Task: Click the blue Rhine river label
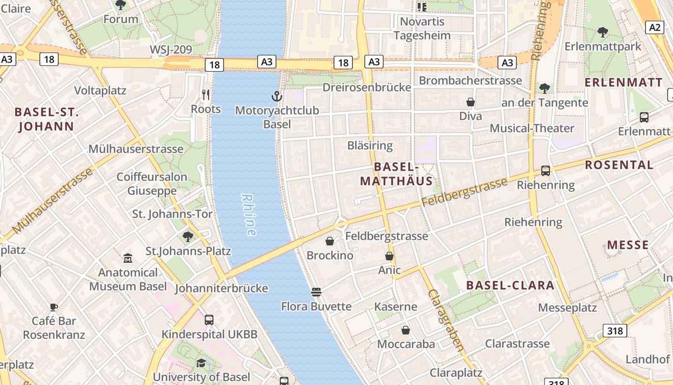point(249,215)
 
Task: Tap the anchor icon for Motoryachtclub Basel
point(276,96)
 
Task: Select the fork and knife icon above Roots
point(206,94)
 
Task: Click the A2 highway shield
point(655,27)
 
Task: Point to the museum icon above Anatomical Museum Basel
point(128,258)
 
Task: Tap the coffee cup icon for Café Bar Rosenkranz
point(54,307)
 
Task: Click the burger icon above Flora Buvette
point(316,292)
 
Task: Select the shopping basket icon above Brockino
point(330,241)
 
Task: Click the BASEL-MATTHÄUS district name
point(396,174)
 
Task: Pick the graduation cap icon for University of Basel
point(201,363)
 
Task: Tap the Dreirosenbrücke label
point(367,87)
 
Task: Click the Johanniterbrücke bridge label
point(221,288)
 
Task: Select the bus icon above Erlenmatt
point(644,117)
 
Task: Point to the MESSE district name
point(628,245)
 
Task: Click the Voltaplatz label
point(100,90)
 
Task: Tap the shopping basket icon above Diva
point(471,102)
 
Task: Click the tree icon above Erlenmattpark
point(602,32)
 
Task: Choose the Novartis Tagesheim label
point(422,28)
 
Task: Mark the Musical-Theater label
point(532,128)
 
